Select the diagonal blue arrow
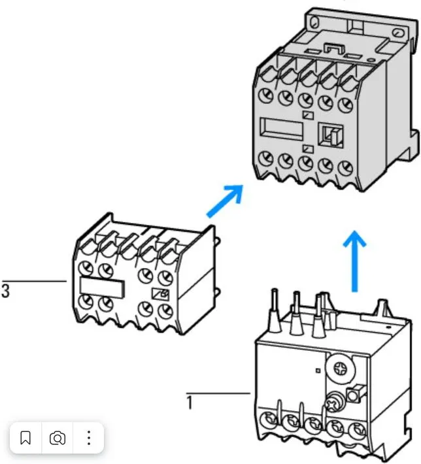(x=224, y=201)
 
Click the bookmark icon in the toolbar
(x=25, y=438)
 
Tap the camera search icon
(x=58, y=438)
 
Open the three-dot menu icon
(x=89, y=438)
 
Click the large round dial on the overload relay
(x=341, y=370)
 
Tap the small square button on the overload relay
(x=356, y=395)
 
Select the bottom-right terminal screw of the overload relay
(x=356, y=431)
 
